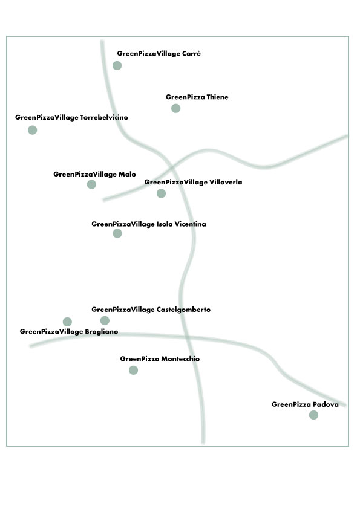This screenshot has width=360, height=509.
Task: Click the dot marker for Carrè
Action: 117,65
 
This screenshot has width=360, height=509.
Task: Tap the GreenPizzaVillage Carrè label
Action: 159,54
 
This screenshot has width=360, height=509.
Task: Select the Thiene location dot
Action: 176,108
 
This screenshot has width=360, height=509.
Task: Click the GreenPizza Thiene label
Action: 197,97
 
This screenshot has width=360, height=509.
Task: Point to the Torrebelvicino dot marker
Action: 33,130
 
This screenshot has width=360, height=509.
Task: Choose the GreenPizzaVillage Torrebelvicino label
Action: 71,118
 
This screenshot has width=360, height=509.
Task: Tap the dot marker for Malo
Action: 91,184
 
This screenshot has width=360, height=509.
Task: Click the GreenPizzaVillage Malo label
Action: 94,175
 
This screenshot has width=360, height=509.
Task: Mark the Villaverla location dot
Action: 161,193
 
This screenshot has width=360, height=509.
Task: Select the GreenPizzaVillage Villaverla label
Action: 194,183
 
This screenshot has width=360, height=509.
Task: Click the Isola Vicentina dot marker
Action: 117,233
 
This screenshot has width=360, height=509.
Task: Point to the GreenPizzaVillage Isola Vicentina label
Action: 149,224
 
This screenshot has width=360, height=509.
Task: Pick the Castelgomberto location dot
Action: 105,321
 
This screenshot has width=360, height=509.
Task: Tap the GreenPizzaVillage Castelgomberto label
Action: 151,310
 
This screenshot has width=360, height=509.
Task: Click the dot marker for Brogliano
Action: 67,322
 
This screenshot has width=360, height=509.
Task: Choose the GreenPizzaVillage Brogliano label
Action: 69,332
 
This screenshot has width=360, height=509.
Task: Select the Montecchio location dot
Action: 133,370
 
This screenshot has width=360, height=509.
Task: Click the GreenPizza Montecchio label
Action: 160,359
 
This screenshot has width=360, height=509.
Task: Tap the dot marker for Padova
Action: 313,415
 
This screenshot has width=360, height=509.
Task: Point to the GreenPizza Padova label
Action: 305,404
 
